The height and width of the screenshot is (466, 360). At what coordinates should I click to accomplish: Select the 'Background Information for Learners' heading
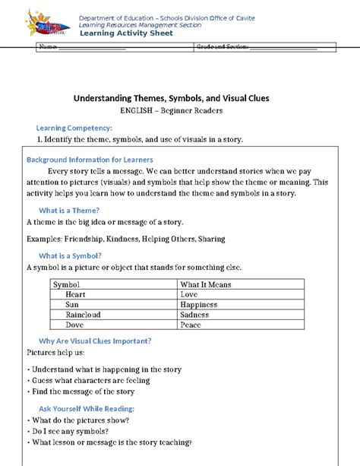click(90, 160)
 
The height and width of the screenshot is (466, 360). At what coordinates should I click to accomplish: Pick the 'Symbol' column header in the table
click(66, 284)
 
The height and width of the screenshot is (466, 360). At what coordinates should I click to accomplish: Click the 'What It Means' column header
click(206, 284)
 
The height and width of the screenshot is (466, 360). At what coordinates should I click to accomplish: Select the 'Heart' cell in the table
click(75, 294)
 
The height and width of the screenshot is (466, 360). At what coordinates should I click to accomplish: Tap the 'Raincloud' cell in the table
click(84, 313)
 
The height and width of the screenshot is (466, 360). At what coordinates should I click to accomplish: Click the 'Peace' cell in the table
click(191, 323)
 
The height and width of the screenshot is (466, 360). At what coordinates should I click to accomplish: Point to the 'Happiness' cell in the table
click(199, 304)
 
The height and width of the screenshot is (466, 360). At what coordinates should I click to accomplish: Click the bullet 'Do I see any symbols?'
click(73, 431)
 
